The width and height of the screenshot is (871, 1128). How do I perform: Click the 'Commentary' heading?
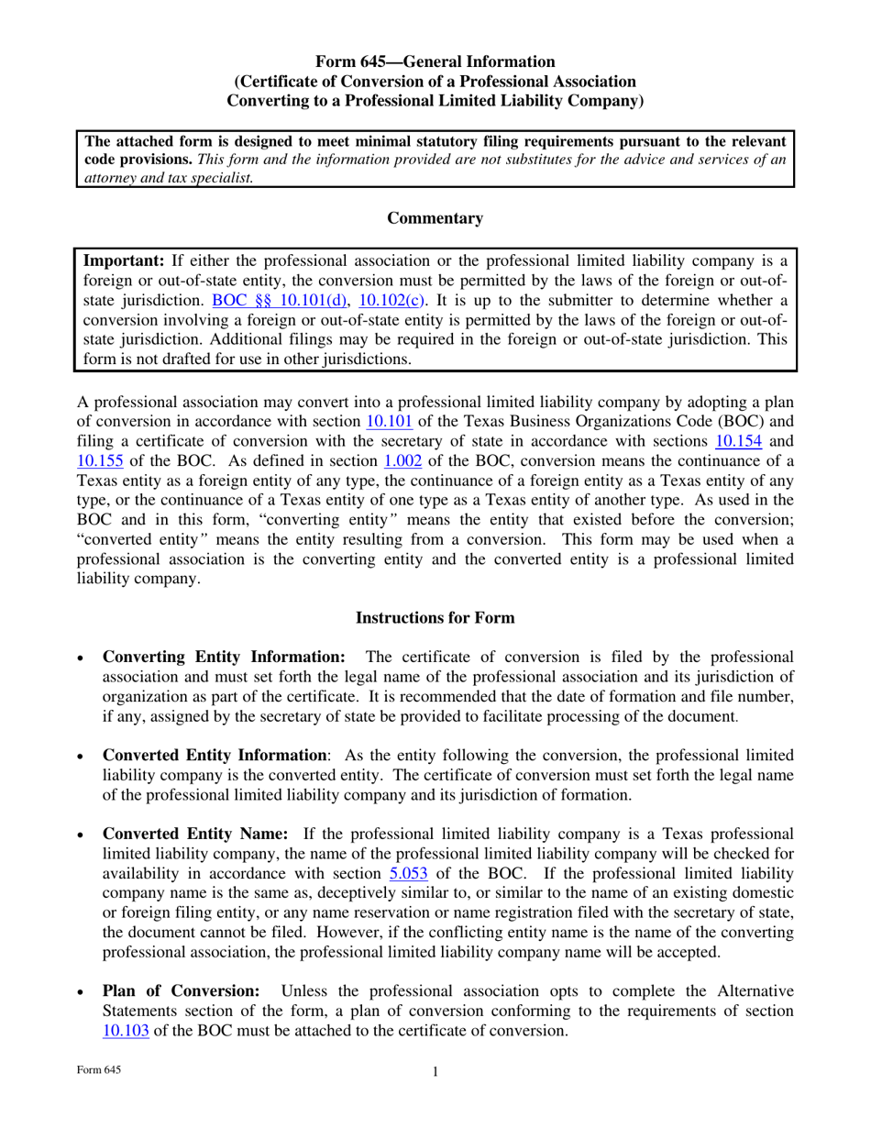(435, 218)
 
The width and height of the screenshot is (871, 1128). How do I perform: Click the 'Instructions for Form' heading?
(435, 618)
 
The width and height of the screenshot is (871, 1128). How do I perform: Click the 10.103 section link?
(127, 1029)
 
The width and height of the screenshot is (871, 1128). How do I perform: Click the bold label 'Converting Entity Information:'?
(224, 657)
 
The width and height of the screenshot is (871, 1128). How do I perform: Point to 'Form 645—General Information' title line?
(435, 61)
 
